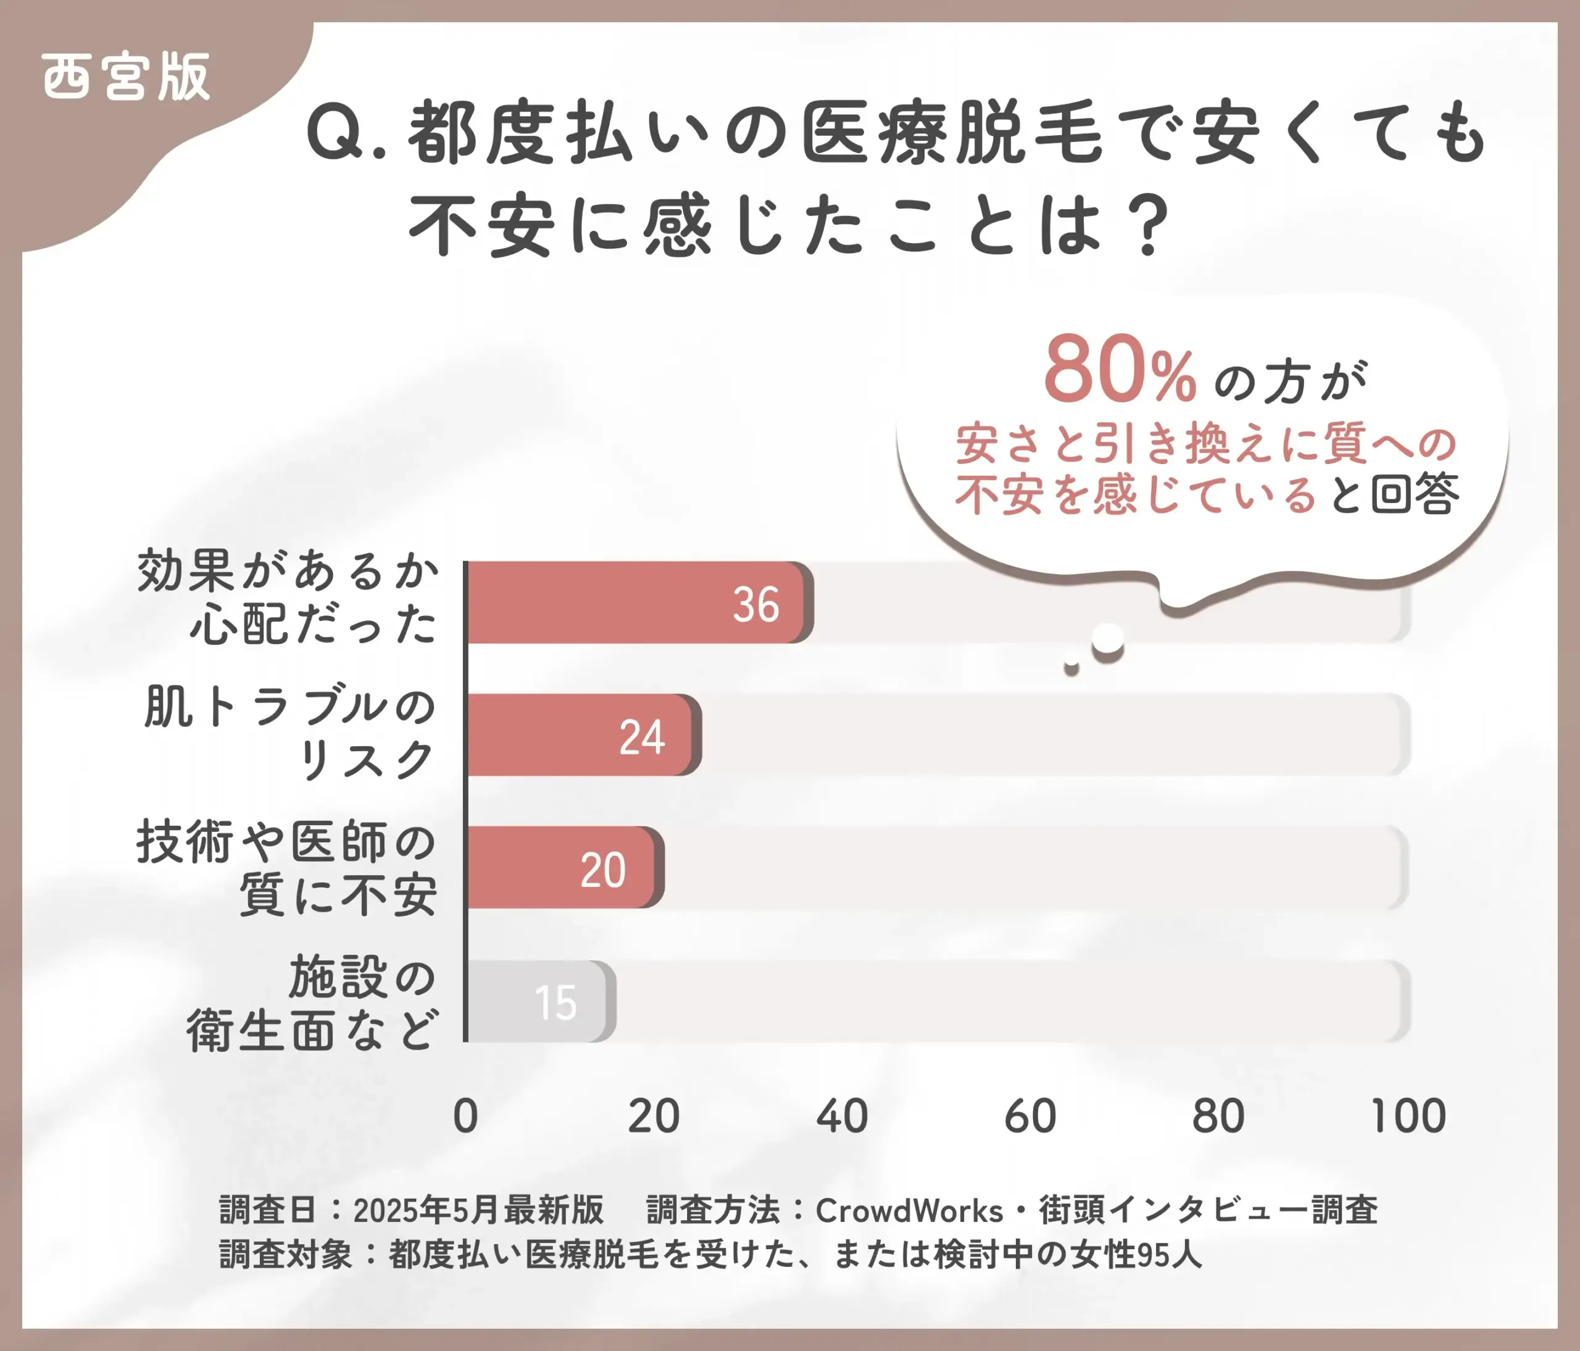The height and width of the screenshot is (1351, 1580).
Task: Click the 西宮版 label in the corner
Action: tap(126, 77)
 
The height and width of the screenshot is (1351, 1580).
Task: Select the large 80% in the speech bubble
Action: tap(1120, 372)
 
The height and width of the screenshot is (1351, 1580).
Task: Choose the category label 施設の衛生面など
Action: tap(313, 1004)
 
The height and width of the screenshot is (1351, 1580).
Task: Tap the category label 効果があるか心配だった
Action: tap(288, 597)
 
